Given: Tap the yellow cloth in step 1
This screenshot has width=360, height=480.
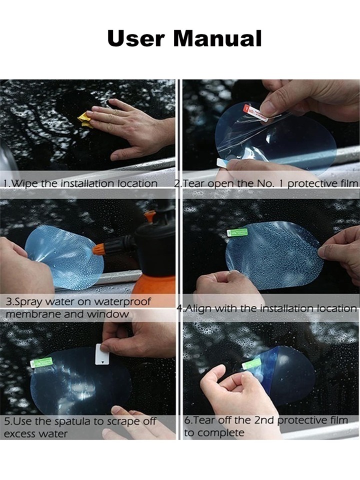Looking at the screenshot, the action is coord(85,120).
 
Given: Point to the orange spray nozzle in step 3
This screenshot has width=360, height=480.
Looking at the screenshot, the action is coord(99,248).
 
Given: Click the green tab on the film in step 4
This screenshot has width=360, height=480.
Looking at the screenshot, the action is coord(237,232).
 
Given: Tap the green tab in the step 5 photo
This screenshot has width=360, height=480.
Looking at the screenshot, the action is coord(41,362).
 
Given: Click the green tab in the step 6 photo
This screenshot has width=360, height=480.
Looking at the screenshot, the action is coord(251,363).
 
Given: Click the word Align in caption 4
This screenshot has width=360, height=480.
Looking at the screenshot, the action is coord(196,308).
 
